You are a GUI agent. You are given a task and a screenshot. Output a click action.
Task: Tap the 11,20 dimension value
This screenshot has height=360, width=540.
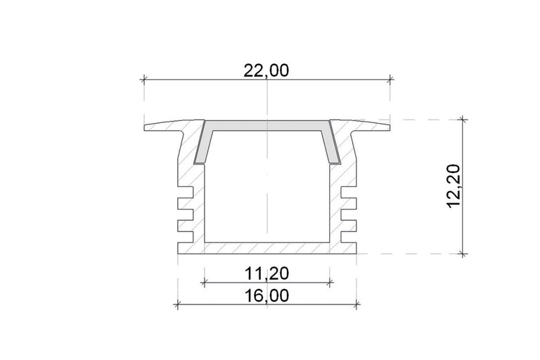coord(266,272)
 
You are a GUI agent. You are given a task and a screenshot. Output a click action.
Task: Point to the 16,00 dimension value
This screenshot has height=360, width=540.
coord(266,295)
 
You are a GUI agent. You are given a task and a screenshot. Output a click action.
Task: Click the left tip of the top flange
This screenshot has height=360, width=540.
coord(147,127)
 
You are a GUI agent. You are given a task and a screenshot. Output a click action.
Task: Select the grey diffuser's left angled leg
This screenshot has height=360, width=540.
coord(200,143)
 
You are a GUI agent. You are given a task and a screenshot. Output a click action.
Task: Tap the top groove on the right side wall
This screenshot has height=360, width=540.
coord(349,193)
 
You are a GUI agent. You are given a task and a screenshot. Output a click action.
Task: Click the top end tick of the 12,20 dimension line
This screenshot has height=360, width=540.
coord(462,120)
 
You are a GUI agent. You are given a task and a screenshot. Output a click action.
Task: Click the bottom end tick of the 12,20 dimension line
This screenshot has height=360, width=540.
coord(462,253)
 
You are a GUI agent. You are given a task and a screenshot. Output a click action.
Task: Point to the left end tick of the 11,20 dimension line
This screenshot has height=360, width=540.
coord(204,283)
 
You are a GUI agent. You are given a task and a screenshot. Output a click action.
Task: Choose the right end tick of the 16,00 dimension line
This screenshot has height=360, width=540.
coord(357,305)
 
